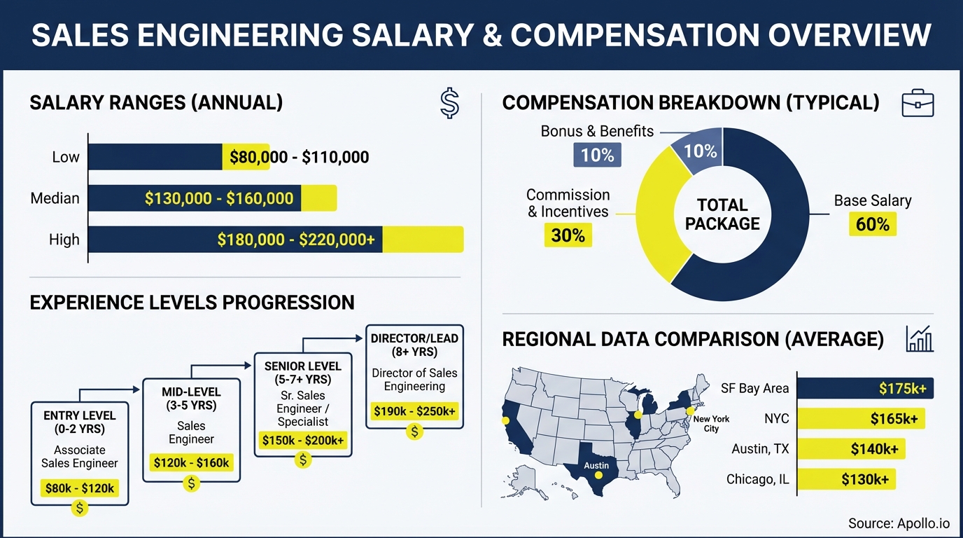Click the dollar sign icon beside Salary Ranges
(449, 103)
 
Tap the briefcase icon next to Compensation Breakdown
(918, 103)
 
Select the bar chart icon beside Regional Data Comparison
(919, 338)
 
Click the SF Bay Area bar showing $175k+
(865, 388)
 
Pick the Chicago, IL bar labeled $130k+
(846, 479)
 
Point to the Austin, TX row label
(760, 449)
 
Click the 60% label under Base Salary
(872, 224)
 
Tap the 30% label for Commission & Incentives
(568, 235)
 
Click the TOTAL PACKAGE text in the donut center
(722, 214)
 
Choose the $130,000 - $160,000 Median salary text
(219, 198)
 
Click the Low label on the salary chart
(66, 157)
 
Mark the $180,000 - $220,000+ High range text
(296, 240)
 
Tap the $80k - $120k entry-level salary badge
(79, 488)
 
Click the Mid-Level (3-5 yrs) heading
(191, 398)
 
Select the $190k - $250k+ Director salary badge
(414, 411)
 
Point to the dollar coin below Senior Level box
(302, 460)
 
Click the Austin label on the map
(596, 465)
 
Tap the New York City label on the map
(710, 423)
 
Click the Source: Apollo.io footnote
(899, 523)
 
